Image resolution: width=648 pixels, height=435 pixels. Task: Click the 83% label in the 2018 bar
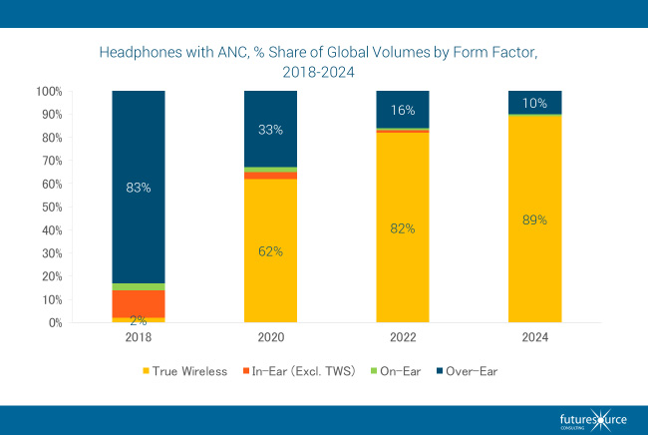(x=139, y=187)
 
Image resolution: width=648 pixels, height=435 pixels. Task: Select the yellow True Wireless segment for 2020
(x=270, y=249)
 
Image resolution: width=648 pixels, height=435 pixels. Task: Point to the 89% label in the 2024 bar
(x=534, y=219)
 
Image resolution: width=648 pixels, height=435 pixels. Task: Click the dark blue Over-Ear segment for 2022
(x=402, y=110)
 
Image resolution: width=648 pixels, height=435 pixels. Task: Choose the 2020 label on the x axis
(x=270, y=337)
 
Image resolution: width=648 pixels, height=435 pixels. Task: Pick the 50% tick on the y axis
(x=49, y=207)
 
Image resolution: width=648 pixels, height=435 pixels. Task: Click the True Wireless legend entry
(x=188, y=371)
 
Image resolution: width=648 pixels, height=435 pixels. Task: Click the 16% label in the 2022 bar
(x=402, y=109)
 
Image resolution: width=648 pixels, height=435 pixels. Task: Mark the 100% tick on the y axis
(x=47, y=91)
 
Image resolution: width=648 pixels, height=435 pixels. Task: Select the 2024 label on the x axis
(x=534, y=337)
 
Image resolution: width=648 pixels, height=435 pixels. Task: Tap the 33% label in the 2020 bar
(x=270, y=129)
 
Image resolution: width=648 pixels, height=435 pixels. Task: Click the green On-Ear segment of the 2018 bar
(x=139, y=286)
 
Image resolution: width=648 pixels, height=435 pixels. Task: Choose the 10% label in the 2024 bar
(x=534, y=103)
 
